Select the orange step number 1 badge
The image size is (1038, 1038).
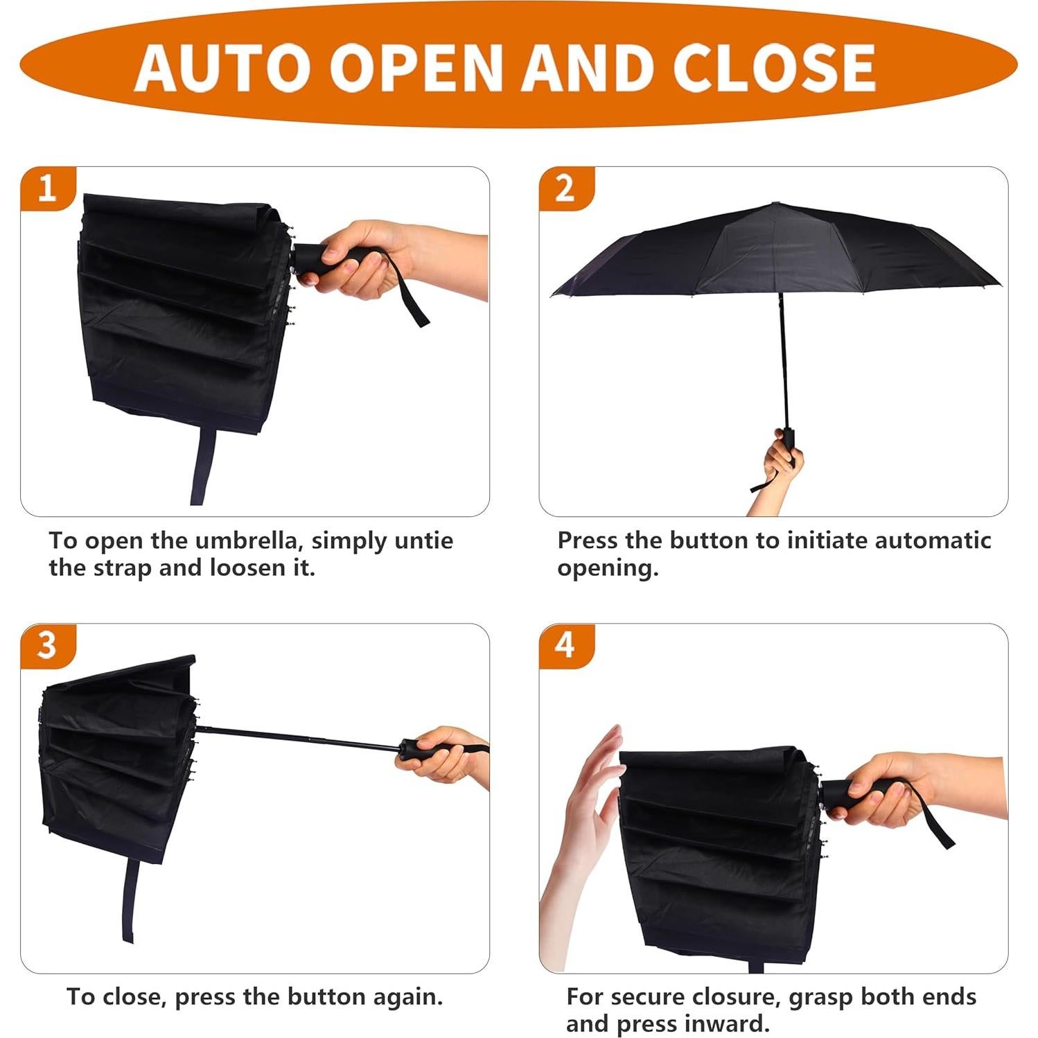pos(46,188)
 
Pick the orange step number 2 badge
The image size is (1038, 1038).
pos(565,188)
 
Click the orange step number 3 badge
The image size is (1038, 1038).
pos(46,645)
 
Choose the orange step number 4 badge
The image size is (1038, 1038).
pos(565,645)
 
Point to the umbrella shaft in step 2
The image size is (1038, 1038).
pos(784,360)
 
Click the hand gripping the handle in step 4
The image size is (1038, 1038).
pos(894,790)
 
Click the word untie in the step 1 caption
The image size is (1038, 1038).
pos(423,540)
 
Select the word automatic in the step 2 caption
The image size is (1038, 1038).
pos(933,540)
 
